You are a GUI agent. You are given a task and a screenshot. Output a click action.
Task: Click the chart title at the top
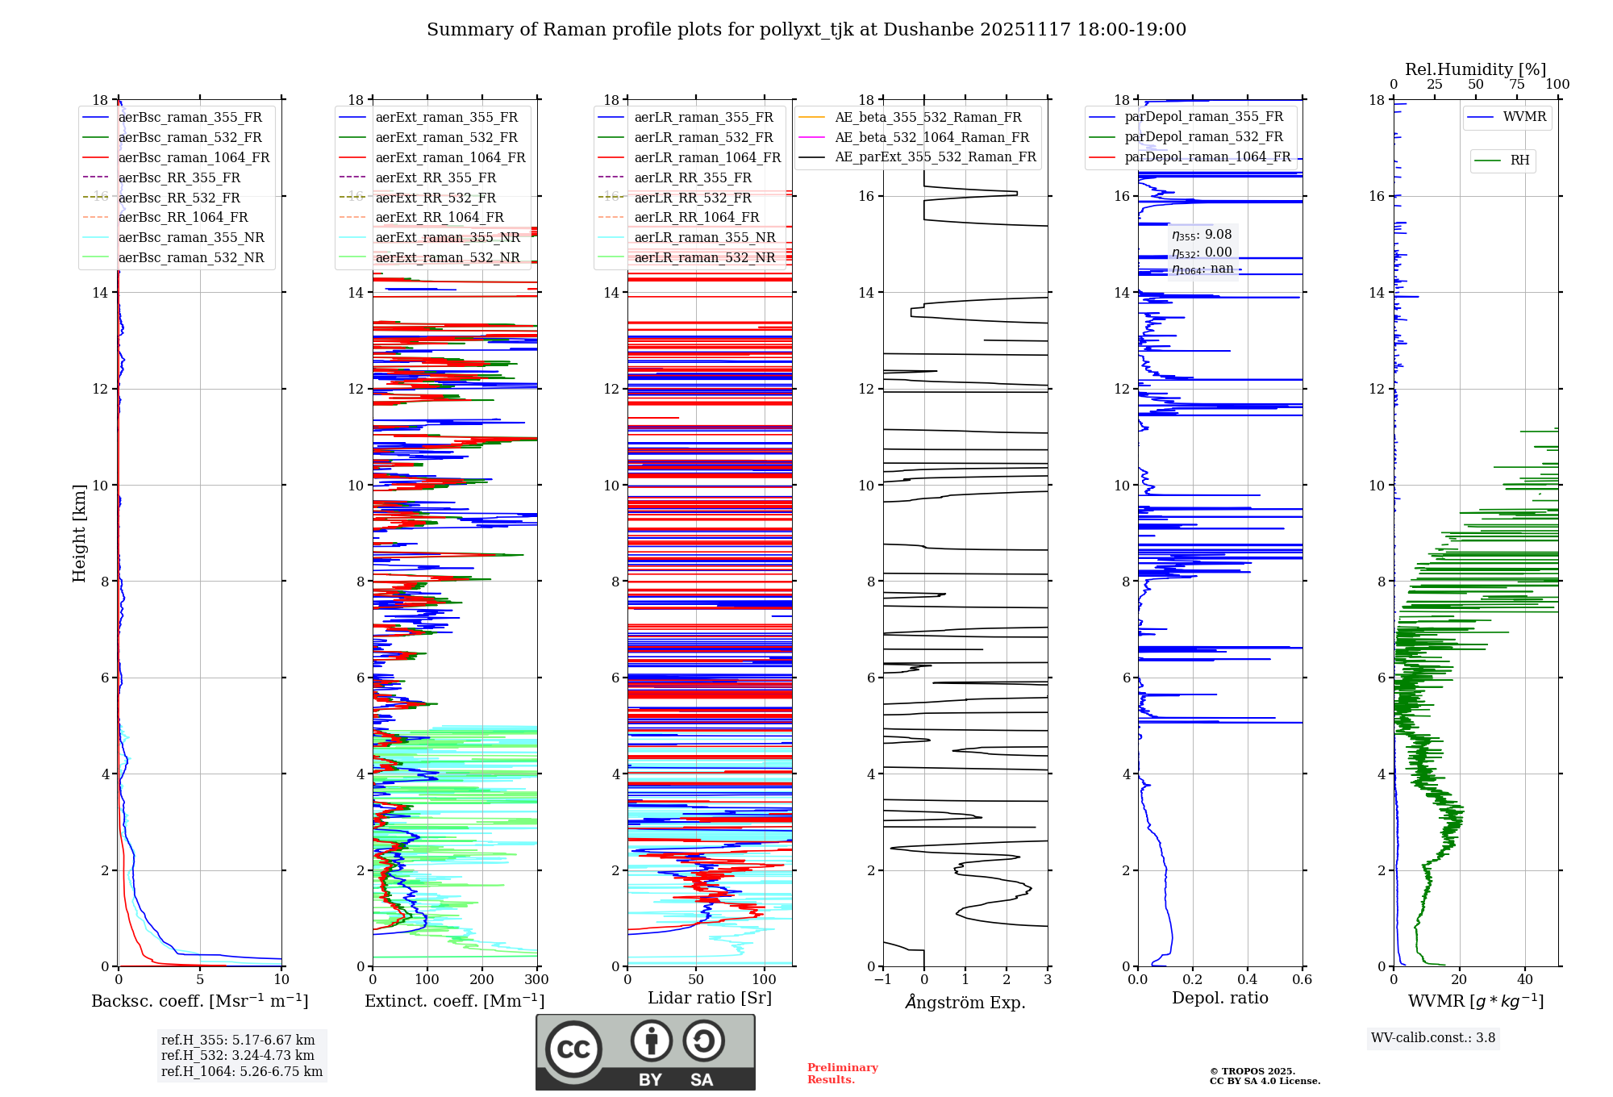tap(806, 30)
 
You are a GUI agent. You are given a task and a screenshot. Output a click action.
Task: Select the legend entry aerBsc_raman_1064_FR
tap(194, 158)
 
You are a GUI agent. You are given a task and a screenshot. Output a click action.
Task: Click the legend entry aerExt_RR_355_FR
tap(436, 178)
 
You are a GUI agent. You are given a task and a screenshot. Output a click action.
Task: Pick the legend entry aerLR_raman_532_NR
tap(704, 258)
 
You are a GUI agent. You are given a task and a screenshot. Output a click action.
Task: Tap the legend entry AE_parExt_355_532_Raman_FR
tap(936, 157)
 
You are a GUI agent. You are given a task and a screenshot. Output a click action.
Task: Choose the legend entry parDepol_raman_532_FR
tap(1203, 137)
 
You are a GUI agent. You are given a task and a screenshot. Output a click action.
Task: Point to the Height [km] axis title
tap(79, 533)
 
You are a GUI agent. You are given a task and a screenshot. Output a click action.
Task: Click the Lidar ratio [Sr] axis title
tap(710, 999)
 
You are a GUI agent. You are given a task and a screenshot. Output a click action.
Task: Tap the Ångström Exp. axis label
tap(965, 1003)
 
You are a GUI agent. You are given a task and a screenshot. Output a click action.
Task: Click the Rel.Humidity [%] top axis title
tap(1475, 69)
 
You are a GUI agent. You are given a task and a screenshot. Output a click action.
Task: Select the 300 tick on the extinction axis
tap(536, 980)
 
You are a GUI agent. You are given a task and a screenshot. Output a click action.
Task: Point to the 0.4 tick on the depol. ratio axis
tap(1248, 980)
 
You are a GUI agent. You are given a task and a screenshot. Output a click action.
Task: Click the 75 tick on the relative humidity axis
tap(1517, 85)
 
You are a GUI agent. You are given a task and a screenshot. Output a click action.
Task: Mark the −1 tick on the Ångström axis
tap(882, 980)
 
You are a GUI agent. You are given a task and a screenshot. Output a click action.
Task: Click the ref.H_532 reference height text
tap(238, 1056)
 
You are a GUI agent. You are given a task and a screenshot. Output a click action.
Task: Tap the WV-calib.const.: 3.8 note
tap(1433, 1038)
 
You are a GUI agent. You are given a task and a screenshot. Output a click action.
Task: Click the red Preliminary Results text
tap(842, 1074)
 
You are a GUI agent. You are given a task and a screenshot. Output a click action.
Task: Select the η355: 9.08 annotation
tap(1202, 235)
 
